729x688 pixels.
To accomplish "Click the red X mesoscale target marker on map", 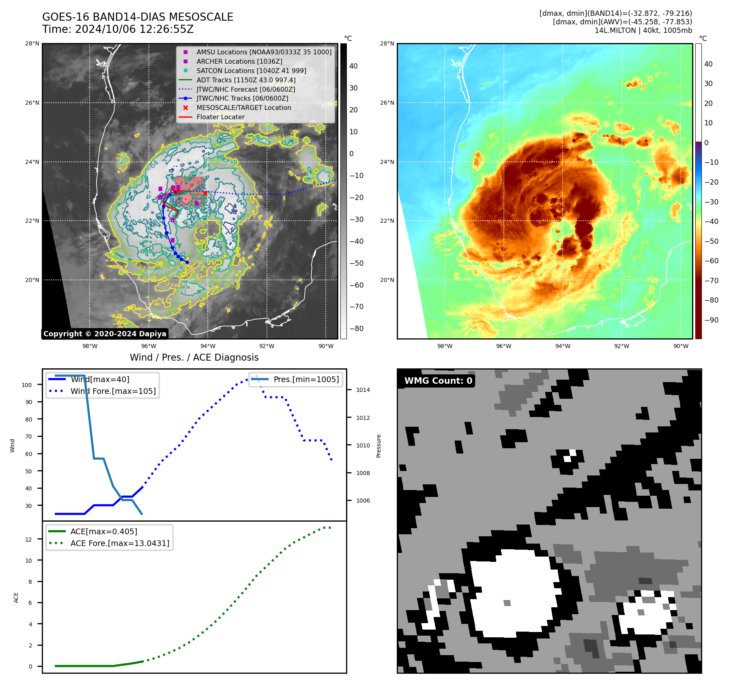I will (x=205, y=193).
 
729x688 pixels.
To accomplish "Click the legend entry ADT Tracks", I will (x=246, y=80).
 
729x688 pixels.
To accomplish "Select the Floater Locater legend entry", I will (x=220, y=117).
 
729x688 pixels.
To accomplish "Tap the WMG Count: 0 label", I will (x=438, y=381).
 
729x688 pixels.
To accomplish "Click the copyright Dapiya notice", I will (x=105, y=333).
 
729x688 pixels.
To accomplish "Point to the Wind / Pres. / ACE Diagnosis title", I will (x=194, y=357).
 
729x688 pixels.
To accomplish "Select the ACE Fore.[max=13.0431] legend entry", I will (x=120, y=543).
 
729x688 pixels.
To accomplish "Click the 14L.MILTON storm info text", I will (x=643, y=30).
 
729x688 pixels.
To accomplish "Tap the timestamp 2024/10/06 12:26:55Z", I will (x=134, y=30).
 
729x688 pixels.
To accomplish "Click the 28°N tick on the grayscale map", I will (x=32, y=43).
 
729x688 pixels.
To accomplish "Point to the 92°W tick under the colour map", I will (x=621, y=346).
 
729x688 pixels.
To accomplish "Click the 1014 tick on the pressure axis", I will (x=363, y=390).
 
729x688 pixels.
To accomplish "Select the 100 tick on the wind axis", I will (x=27, y=385).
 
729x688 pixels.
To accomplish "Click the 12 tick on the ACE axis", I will (x=28, y=540).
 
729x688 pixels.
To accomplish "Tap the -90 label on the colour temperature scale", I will (x=711, y=320).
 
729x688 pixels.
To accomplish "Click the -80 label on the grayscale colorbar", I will (x=357, y=329).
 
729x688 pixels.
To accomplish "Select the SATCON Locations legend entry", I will (x=251, y=71).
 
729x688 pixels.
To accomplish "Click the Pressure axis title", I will (x=378, y=446).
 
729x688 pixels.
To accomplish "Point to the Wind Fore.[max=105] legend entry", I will (x=113, y=391).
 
